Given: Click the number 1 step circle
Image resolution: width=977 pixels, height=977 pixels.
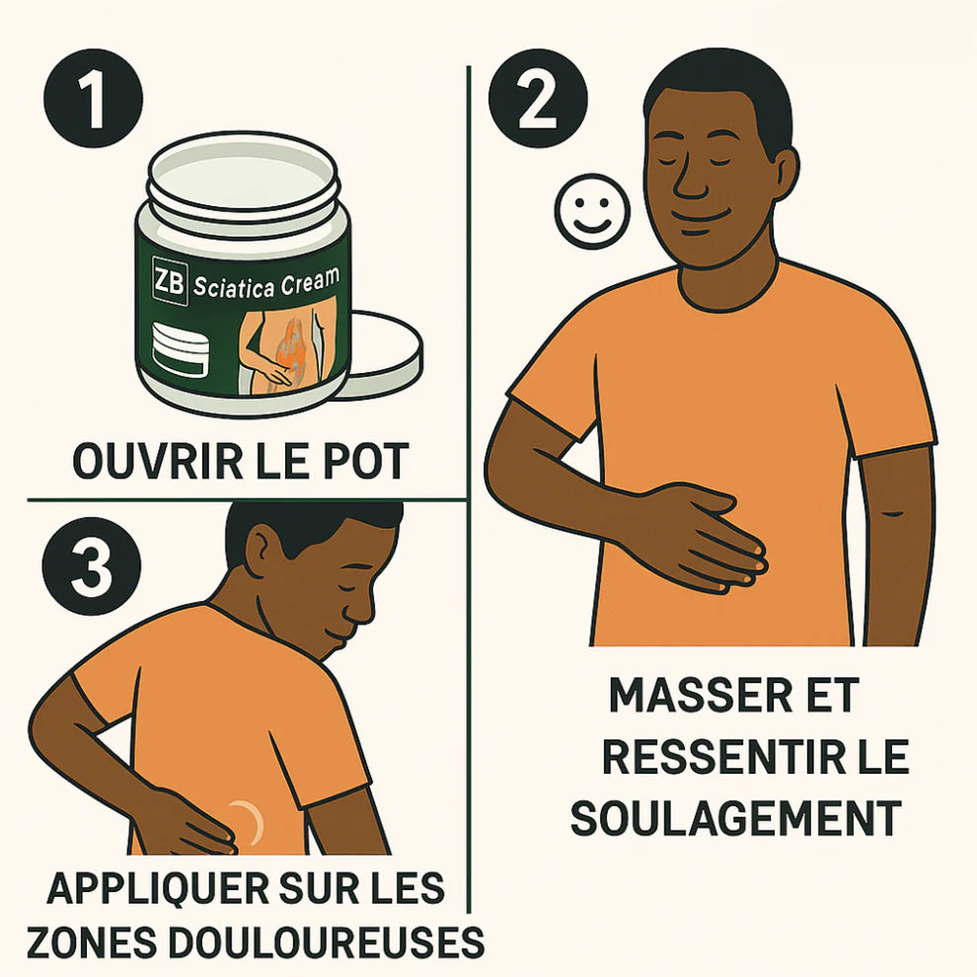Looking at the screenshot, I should pos(94,98).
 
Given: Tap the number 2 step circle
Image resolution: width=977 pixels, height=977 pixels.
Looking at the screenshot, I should pos(538,98).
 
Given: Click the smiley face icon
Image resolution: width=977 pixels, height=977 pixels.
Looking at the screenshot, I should pos(591,211).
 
